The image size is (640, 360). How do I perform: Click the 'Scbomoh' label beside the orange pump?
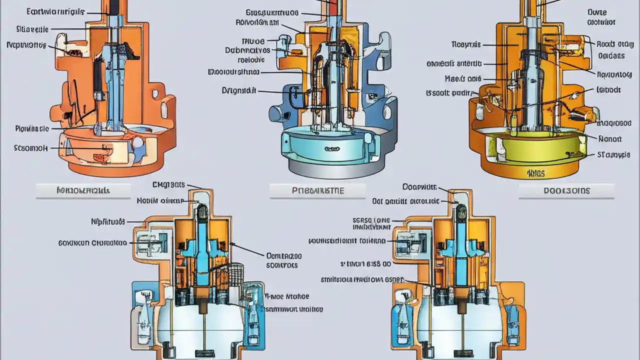31,148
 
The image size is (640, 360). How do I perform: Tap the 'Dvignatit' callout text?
238,91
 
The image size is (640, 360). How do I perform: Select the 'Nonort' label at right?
609,139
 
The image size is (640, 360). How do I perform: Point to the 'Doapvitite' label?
419,187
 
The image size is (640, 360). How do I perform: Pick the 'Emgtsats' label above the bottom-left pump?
168,185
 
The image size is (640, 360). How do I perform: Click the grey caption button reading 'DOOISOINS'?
566,191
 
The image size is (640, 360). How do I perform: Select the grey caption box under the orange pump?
83,190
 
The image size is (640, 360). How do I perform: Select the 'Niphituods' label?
108,221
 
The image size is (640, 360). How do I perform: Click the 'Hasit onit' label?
463,78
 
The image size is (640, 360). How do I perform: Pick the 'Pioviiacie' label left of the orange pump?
31,128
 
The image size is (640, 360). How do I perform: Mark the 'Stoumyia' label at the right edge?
613,155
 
